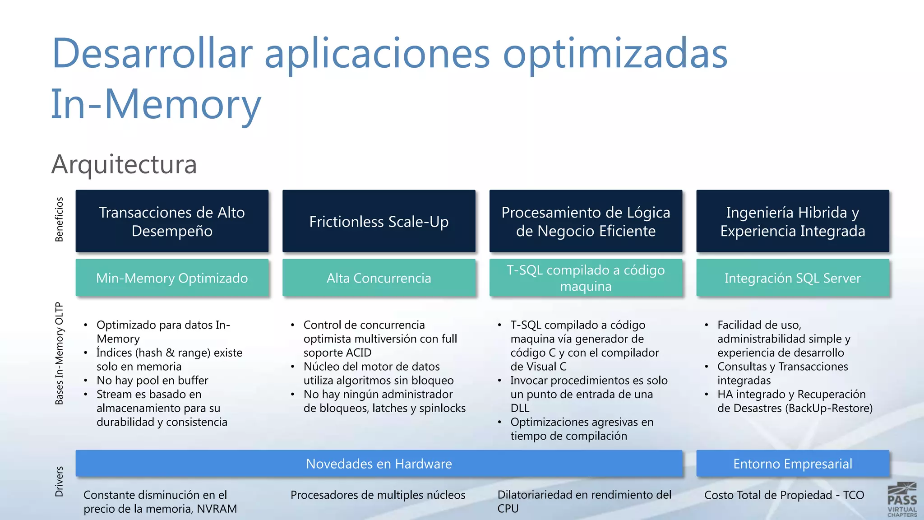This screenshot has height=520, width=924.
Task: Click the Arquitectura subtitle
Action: coord(124,164)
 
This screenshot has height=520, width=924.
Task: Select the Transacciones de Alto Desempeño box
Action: coord(172,221)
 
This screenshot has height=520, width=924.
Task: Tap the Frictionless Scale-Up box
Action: coord(379,221)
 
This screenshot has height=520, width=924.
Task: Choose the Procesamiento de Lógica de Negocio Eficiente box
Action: coord(586,221)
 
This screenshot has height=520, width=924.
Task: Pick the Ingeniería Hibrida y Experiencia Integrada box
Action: coord(792,221)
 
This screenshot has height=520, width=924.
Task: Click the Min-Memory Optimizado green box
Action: coord(172,278)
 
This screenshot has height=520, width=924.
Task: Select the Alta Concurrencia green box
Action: coord(379,278)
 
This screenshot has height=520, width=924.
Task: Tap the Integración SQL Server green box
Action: coord(792,278)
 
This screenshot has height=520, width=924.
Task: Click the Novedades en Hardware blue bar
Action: coord(379,464)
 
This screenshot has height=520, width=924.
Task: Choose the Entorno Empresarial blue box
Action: coord(792,464)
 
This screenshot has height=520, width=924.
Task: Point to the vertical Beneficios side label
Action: coord(59,219)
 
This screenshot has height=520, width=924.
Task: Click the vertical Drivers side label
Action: coord(59,482)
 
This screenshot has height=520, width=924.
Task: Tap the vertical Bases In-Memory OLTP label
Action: coord(59,353)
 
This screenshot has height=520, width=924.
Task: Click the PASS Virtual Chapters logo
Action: coord(902,500)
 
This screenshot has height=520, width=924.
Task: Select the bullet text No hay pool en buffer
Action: coord(152,381)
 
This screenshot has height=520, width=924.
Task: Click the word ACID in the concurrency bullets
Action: coord(358,353)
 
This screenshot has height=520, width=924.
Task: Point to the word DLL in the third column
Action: coord(520,408)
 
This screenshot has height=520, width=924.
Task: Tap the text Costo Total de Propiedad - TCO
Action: coord(784,495)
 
